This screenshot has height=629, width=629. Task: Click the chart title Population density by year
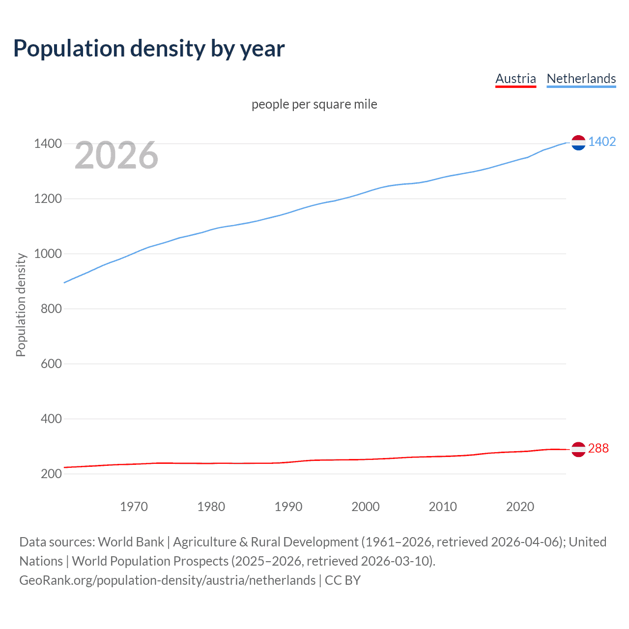pos(149,49)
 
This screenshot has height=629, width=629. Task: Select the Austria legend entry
pos(515,79)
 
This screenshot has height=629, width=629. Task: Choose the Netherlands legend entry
pos(581,79)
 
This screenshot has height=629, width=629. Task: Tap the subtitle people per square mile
pos(314,105)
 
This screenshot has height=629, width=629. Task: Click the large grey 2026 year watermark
pos(116,155)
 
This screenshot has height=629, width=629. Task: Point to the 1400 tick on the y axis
pos(48,144)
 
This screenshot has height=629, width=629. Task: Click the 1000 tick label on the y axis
pos(48,254)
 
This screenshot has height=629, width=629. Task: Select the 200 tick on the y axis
pos(51,474)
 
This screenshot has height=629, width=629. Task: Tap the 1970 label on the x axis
pos(134,507)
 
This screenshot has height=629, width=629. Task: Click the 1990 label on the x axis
pos(288,507)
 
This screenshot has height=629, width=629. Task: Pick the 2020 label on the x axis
pos(520,507)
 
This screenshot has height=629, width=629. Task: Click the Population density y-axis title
pos(21,305)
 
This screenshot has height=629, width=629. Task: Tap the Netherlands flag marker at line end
pos(578,143)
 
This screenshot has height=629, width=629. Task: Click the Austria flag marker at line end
pos(578,449)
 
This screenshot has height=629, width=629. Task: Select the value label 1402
pos(602,142)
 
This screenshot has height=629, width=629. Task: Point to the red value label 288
pos(598,449)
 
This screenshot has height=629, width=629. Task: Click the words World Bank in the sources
pos(131,542)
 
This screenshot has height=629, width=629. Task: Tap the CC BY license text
pos(343,580)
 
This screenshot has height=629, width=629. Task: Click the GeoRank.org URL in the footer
pos(167,580)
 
